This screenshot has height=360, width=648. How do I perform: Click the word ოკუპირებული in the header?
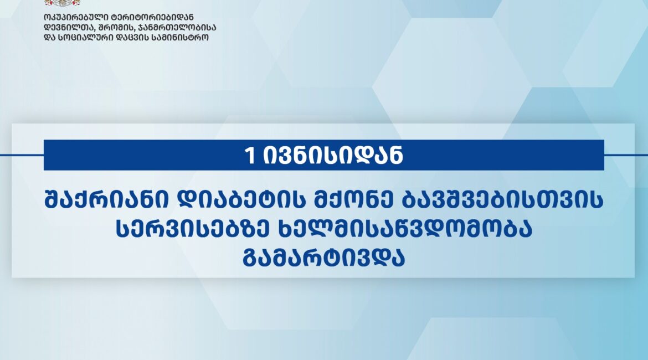76,17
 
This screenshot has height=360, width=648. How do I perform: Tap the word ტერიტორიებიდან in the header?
152,17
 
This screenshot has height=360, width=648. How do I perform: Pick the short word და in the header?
49,38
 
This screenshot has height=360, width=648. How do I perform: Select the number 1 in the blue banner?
250,156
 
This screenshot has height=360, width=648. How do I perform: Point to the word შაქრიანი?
107,200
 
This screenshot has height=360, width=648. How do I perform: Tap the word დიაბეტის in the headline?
241,200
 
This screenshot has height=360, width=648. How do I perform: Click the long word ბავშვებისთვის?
502,200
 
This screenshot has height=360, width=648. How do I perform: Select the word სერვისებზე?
193,229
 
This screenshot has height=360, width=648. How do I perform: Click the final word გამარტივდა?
323,258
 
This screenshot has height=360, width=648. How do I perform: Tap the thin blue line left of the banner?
22,156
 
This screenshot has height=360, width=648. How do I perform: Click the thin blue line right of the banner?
626,156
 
